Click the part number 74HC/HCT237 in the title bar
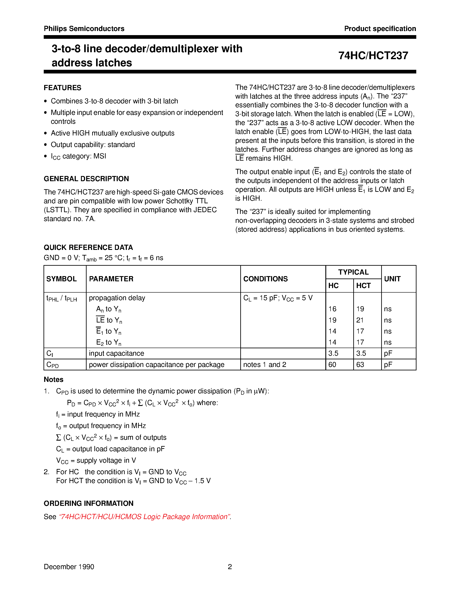click(x=373, y=56)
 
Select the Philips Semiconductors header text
click(x=84, y=29)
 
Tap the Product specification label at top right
click(x=380, y=29)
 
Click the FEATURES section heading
click(x=62, y=88)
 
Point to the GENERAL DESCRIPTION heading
click(x=86, y=179)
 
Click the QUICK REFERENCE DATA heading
click(x=88, y=248)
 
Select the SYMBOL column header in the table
click(x=62, y=279)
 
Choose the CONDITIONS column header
click(x=265, y=279)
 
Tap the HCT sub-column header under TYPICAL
click(x=363, y=286)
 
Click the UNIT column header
click(x=392, y=279)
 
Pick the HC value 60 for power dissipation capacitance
click(x=332, y=365)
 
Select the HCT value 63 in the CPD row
click(x=360, y=365)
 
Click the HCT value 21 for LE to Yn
click(x=360, y=320)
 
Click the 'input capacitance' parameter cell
click(x=116, y=353)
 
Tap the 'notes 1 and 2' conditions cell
click(x=264, y=365)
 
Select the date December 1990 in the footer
click(x=69, y=567)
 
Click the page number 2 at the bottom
click(x=230, y=567)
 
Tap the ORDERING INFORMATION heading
click(x=89, y=503)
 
